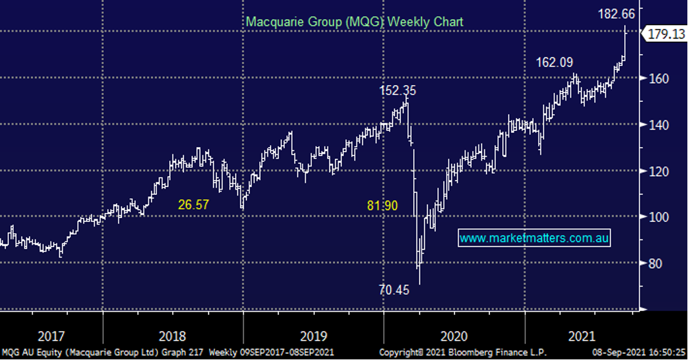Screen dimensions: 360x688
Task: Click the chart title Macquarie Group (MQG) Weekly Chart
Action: (354, 21)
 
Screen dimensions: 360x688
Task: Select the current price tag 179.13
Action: (664, 35)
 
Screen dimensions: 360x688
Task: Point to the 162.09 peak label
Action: (554, 63)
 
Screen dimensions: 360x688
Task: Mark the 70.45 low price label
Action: (394, 290)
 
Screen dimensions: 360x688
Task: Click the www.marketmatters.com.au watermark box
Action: (534, 238)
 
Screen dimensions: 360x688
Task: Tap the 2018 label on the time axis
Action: (172, 337)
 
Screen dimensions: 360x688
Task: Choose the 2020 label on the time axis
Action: (453, 337)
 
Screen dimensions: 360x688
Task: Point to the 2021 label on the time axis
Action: (581, 337)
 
